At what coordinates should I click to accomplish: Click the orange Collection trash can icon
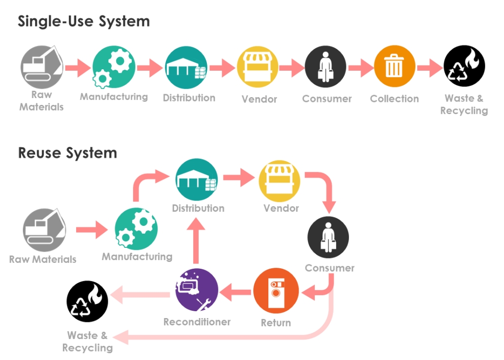(x=394, y=66)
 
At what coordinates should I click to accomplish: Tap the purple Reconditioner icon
(x=197, y=289)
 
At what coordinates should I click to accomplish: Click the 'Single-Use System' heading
(x=83, y=21)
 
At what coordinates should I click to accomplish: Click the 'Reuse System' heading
(x=67, y=153)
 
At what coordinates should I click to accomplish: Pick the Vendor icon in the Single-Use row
(x=258, y=67)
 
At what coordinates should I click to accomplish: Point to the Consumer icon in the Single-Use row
(x=325, y=67)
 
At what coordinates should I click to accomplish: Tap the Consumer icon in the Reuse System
(x=328, y=237)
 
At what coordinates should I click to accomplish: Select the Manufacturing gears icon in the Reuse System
(x=136, y=229)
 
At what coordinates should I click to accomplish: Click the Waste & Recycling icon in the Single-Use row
(x=464, y=66)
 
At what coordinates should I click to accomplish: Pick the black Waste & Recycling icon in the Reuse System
(x=87, y=301)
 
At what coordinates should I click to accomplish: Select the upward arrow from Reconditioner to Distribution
(x=196, y=241)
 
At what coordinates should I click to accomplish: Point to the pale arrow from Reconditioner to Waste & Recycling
(x=141, y=294)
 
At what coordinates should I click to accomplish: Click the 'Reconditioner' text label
(x=197, y=322)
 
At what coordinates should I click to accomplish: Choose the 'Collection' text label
(x=394, y=99)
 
